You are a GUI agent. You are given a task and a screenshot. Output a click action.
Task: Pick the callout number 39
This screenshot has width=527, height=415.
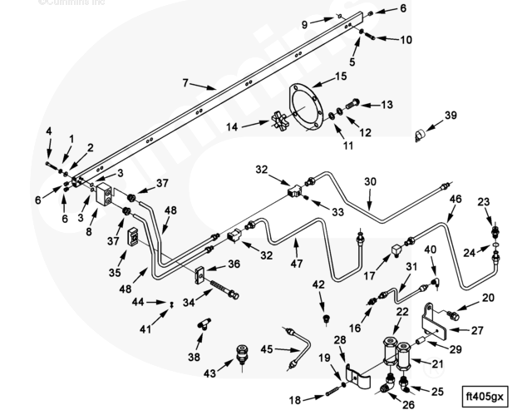tap(451, 115)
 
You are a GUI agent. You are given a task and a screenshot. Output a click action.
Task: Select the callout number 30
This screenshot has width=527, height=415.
tap(371, 182)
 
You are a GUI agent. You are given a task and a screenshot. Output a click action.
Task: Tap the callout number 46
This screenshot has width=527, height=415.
tap(455, 200)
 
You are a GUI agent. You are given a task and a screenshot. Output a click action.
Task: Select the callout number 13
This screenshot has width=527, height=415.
tap(387, 105)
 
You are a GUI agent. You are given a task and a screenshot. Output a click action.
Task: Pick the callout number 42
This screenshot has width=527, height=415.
tap(319, 285)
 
